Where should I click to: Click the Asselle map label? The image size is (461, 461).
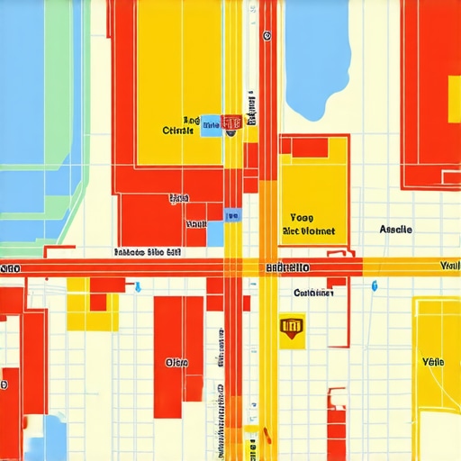395,230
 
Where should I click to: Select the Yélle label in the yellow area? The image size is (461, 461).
432,361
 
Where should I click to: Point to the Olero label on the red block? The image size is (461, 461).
176,362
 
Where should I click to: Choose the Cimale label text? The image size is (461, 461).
178,131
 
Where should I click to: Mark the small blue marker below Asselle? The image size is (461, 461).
375,285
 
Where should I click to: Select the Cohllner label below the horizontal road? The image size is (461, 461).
313,293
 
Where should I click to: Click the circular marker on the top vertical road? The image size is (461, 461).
267,37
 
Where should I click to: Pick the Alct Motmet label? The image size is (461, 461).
308,231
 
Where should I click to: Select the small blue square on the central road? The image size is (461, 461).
233,215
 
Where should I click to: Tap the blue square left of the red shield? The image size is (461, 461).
211,126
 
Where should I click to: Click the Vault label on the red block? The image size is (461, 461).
195,222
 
